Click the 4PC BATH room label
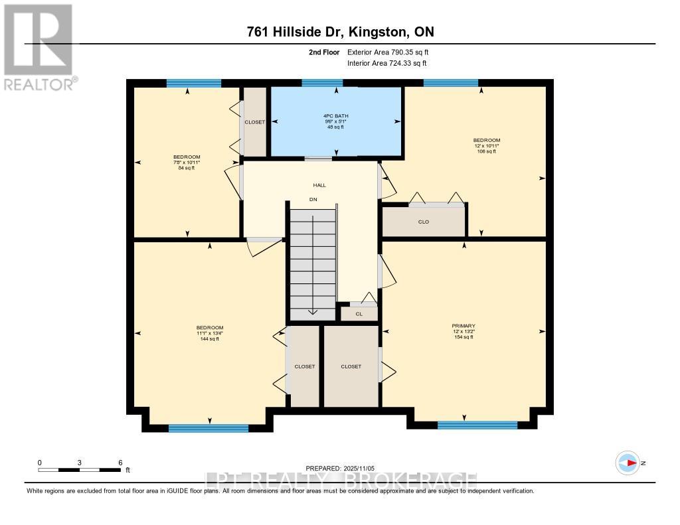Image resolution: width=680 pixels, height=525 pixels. tap(335, 116)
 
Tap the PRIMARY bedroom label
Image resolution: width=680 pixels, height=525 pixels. tap(464, 326)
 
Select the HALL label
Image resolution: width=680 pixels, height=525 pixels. tap(319, 185)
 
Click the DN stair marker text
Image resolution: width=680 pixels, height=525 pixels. tap(313, 199)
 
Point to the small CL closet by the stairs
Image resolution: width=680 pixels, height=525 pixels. tap(359, 314)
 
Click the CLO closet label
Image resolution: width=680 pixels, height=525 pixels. tap(424, 222)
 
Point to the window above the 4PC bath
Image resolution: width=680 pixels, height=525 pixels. tap(322, 83)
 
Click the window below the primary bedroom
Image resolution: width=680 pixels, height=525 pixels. tap(477, 425)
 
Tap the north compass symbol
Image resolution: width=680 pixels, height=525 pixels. tap(628, 463)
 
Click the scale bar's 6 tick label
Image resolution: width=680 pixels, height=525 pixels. tap(120, 462)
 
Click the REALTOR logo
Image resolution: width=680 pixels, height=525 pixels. tap(39, 46)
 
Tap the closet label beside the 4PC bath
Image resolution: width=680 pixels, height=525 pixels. tap(255, 122)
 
